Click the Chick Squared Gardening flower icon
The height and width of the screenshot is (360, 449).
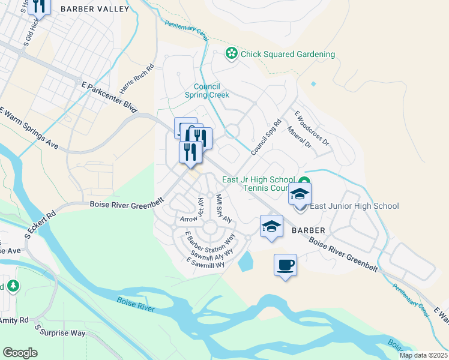tap(231, 54)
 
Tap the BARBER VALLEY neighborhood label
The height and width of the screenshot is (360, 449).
tap(95, 8)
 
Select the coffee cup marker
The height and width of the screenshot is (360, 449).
tap(285, 265)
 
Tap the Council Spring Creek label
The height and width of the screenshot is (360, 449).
tap(210, 91)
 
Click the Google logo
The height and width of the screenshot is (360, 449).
tap(20, 353)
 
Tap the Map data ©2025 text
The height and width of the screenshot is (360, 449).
tap(423, 355)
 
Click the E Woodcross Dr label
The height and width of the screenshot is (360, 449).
tap(312, 128)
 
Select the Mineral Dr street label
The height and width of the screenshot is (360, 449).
tap(299, 137)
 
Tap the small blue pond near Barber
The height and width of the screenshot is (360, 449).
tap(246, 261)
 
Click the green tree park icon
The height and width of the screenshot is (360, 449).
tap(13, 286)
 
